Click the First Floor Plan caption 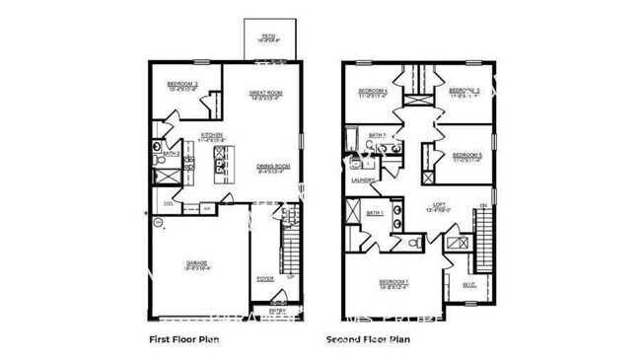coord(183,340)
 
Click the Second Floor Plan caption coord(367,340)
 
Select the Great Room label coord(265,95)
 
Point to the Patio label coord(267,38)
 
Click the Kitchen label coord(212,135)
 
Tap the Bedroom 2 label coord(182,83)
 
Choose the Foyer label coord(264,279)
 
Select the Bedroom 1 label coord(394,282)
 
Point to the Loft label coord(439,206)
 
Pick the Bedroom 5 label coord(467,156)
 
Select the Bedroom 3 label coord(464,92)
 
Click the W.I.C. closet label coord(468,285)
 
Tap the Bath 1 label coord(374,213)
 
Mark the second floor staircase coord(482,243)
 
